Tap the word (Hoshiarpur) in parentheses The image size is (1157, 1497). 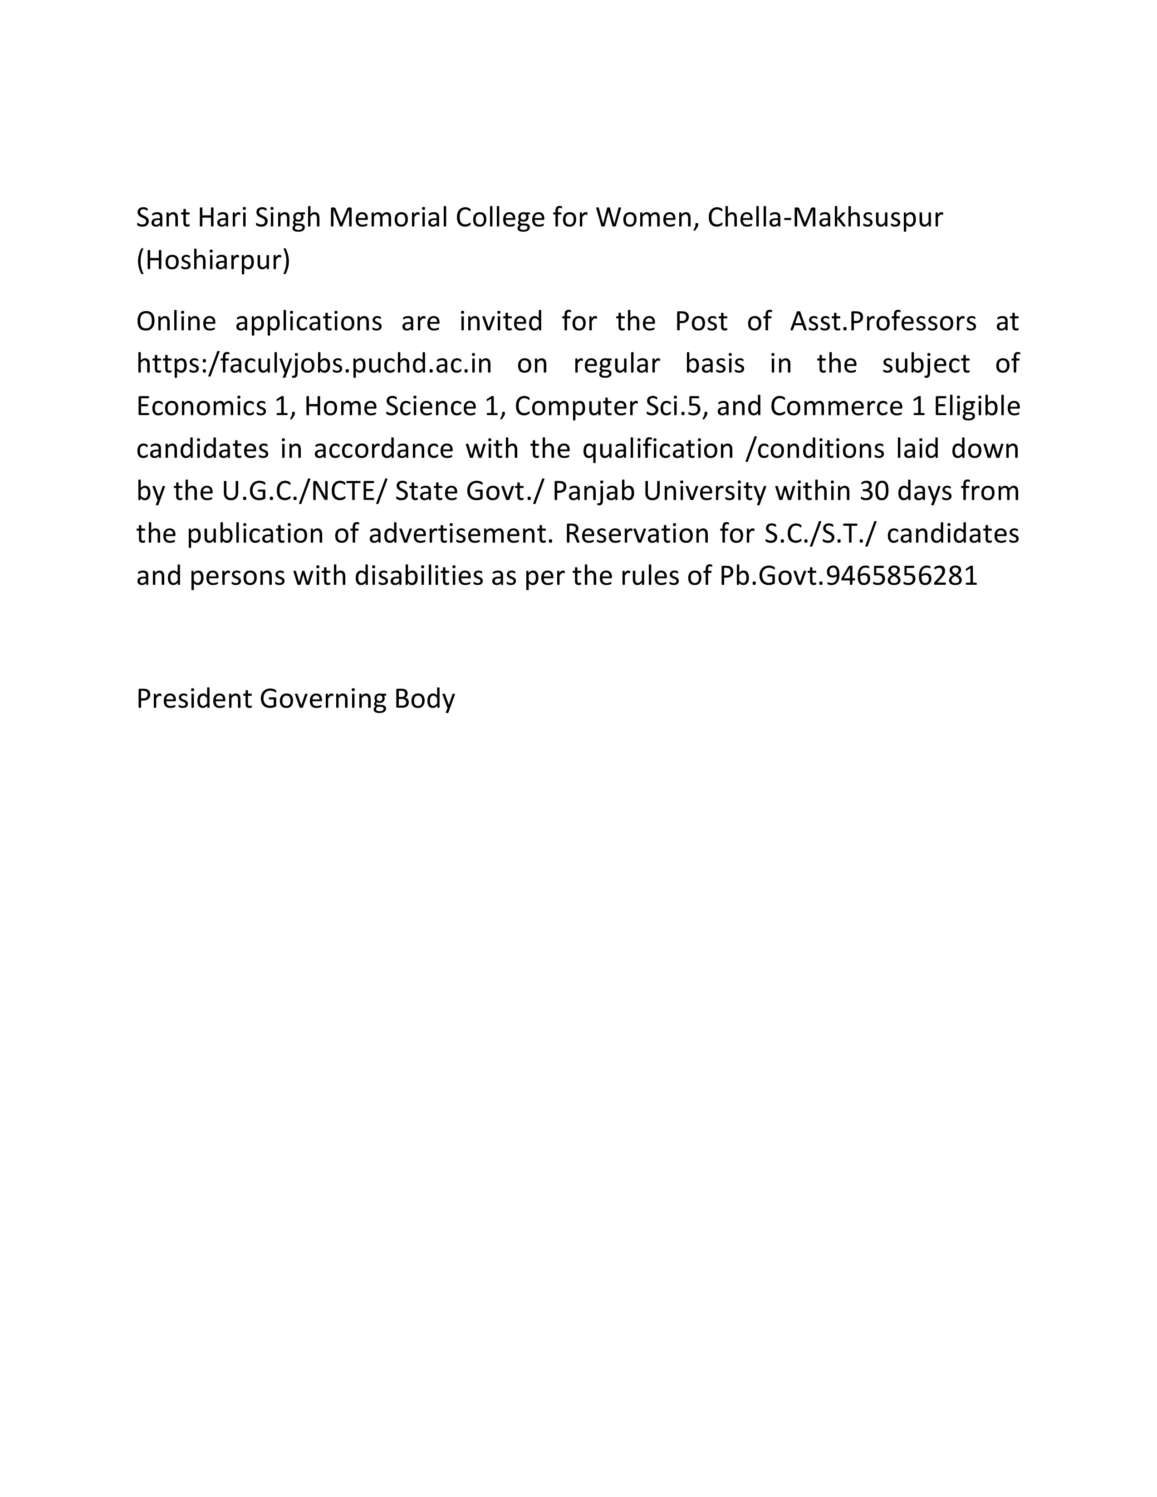213,260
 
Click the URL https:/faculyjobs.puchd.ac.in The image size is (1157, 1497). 314,364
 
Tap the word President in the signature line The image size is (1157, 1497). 195,699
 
